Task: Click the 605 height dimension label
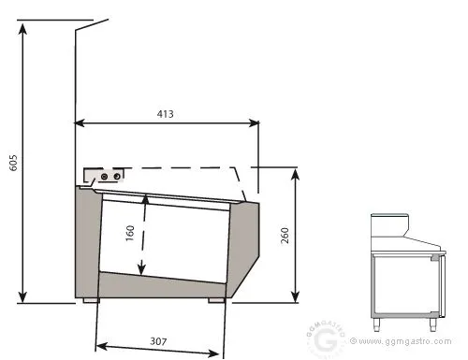pyautogui.click(x=13, y=163)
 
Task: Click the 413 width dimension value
pyautogui.click(x=165, y=114)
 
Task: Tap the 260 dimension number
pyautogui.click(x=285, y=236)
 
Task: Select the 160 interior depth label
pyautogui.click(x=129, y=233)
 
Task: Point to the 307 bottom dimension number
pyautogui.click(x=158, y=341)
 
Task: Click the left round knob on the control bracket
pyautogui.click(x=105, y=177)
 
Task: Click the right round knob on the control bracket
pyautogui.click(x=117, y=177)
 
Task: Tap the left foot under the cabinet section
pyautogui.click(x=91, y=300)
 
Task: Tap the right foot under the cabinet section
pyautogui.click(x=216, y=300)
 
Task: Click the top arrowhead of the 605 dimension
pyautogui.click(x=22, y=29)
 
